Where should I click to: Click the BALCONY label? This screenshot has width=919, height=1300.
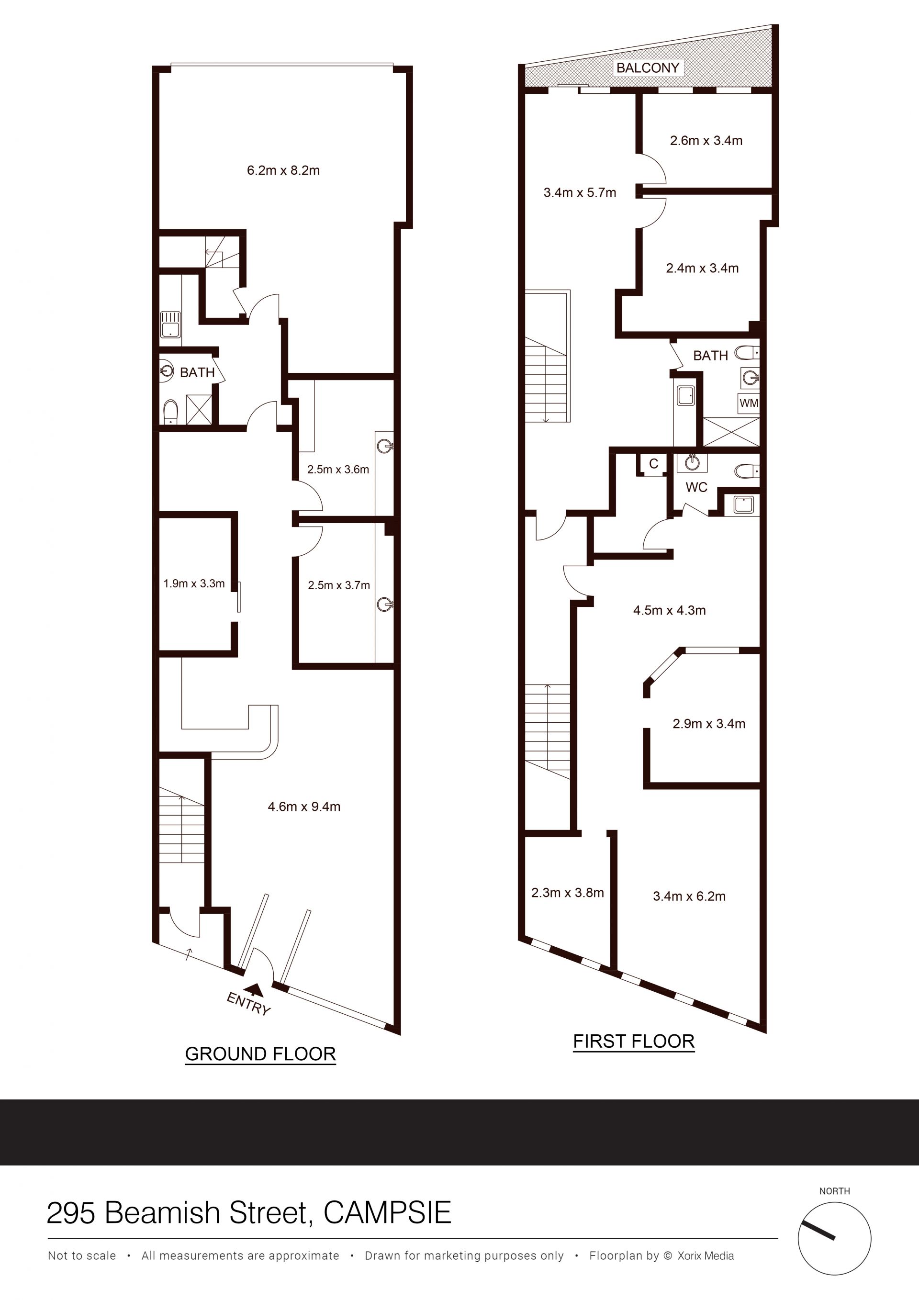click(647, 68)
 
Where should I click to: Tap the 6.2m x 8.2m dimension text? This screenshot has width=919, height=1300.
click(283, 170)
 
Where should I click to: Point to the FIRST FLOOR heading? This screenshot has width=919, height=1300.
click(634, 1042)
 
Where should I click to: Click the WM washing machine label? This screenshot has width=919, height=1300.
click(749, 403)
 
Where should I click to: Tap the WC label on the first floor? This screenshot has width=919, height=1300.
click(696, 487)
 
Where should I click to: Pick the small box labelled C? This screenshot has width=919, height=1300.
click(653, 464)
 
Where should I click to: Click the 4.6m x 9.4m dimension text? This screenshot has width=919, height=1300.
click(304, 807)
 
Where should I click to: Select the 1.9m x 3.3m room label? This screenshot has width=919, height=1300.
click(194, 584)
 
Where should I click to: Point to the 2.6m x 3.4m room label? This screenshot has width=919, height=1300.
click(706, 141)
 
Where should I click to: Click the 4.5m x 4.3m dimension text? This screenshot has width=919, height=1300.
click(669, 610)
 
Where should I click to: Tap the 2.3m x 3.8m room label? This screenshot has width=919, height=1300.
click(567, 893)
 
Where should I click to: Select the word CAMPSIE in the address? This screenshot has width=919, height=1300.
click(387, 1213)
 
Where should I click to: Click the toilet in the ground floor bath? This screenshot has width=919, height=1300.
click(170, 412)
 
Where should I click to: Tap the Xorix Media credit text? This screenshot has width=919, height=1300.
click(706, 1256)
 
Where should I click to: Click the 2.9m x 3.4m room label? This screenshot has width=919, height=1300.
click(709, 724)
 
